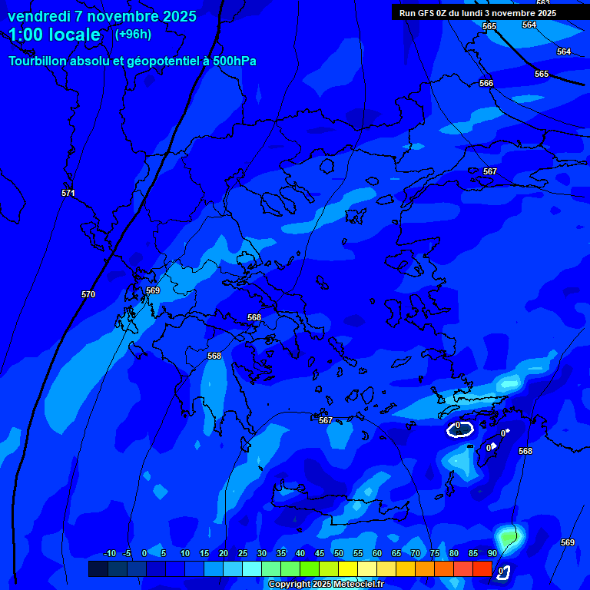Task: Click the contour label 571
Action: (x=68, y=193)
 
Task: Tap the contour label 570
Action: (x=88, y=294)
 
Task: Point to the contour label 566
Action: (x=486, y=83)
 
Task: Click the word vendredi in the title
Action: (x=38, y=16)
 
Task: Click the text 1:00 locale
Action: (x=55, y=35)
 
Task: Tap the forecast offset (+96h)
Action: (x=133, y=34)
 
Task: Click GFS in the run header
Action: (x=426, y=13)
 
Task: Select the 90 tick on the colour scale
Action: (x=492, y=553)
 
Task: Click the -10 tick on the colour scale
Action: (x=109, y=553)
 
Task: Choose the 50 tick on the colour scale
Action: (x=339, y=553)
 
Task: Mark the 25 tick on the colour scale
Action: (x=243, y=553)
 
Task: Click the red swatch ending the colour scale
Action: (x=482, y=568)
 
